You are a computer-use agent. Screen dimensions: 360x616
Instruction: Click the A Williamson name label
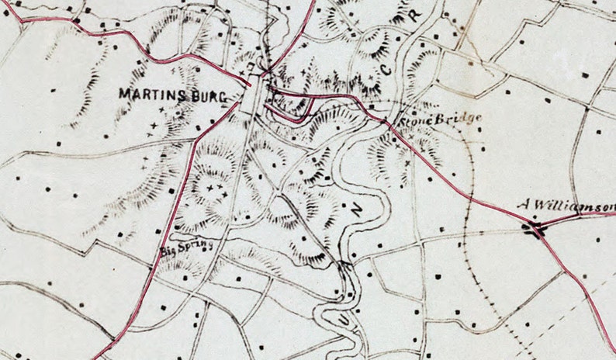566,206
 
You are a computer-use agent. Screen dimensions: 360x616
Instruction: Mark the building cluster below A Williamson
534,228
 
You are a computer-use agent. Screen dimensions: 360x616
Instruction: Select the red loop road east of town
291,109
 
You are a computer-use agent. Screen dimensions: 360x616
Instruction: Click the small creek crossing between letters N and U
344,268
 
